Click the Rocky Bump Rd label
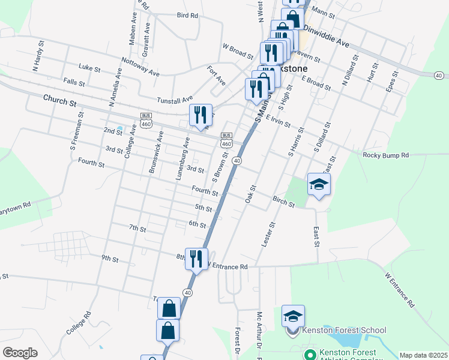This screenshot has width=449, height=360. point(385,155)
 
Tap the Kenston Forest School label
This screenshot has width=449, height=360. point(344,330)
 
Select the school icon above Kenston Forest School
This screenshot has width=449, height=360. point(294,316)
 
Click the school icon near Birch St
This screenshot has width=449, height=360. point(319,184)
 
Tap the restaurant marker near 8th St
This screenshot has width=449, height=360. point(196,259)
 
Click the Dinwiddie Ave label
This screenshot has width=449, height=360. point(326,35)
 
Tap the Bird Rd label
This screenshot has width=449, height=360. point(188,15)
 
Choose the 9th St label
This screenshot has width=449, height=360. point(110,259)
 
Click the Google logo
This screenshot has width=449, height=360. point(20,353)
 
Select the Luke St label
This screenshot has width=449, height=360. point(89,68)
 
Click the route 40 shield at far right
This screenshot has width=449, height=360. point(440,75)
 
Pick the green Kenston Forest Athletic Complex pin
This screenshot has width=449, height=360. point(310,356)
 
